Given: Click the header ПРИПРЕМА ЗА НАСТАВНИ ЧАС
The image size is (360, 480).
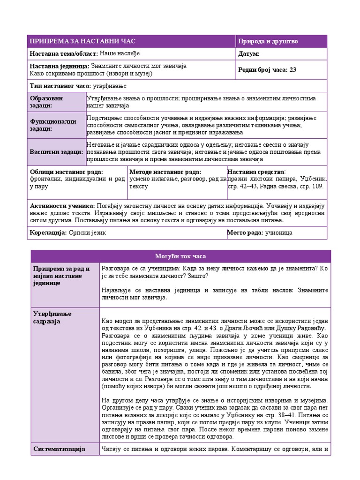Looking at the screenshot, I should [x=82, y=41].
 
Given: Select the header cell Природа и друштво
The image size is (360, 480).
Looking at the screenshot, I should [x=268, y=41].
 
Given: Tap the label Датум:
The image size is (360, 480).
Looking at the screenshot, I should [x=248, y=54].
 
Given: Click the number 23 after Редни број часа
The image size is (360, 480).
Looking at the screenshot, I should [x=293, y=70].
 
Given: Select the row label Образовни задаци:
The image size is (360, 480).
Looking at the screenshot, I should [x=46, y=102].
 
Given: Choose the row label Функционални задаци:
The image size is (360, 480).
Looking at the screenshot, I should [x=53, y=125].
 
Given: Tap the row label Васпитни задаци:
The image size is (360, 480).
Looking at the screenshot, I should [x=56, y=152].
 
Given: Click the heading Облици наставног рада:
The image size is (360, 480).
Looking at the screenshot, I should [x=66, y=172].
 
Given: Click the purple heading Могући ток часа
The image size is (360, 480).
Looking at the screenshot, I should [x=180, y=256].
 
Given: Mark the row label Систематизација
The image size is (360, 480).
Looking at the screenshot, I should [x=59, y=449].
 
